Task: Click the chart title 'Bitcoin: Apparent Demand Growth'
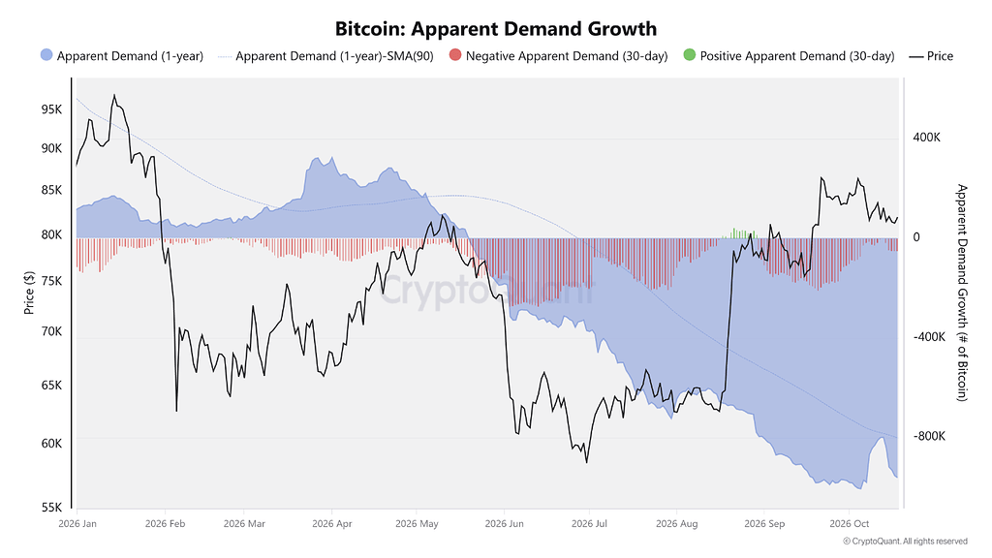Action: (x=495, y=29)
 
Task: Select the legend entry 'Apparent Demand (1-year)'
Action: (x=121, y=55)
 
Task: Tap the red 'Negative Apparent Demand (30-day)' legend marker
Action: (x=455, y=55)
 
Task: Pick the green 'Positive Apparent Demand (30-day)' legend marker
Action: (x=689, y=55)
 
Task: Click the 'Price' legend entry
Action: (x=931, y=55)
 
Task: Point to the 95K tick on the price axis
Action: (x=52, y=109)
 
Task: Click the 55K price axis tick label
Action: (x=52, y=508)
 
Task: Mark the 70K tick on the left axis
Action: (x=52, y=331)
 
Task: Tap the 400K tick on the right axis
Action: (x=926, y=138)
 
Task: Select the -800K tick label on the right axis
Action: (x=929, y=436)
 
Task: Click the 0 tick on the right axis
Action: (x=916, y=237)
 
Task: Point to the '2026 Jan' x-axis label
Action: (x=77, y=524)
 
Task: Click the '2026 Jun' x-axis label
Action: (x=504, y=524)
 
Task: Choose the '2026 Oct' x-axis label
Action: (x=849, y=524)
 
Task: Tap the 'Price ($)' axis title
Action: (x=29, y=293)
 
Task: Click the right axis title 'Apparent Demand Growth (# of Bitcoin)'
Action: (x=962, y=293)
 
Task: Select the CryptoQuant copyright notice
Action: (x=906, y=542)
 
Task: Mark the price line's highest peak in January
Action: (x=114, y=96)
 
